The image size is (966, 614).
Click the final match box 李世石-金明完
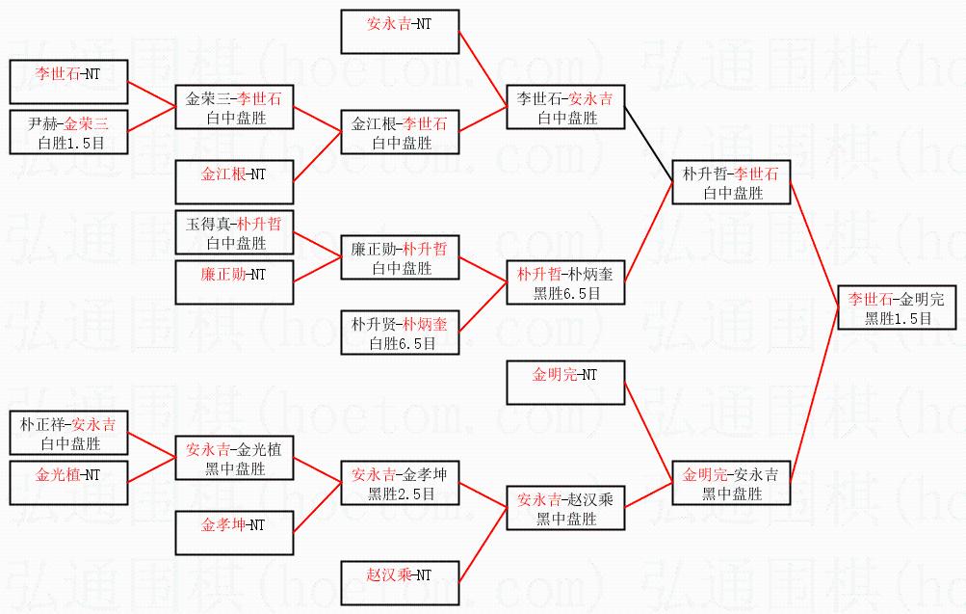897,308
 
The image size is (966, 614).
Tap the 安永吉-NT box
399,30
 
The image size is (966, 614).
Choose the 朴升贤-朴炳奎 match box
399,333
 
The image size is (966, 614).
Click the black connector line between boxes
648,134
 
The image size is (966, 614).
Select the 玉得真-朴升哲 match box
233,233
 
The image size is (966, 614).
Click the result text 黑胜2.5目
401,493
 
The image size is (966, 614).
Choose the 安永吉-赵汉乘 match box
565,509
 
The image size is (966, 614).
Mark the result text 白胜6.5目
399,342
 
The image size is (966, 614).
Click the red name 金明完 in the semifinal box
704,474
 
